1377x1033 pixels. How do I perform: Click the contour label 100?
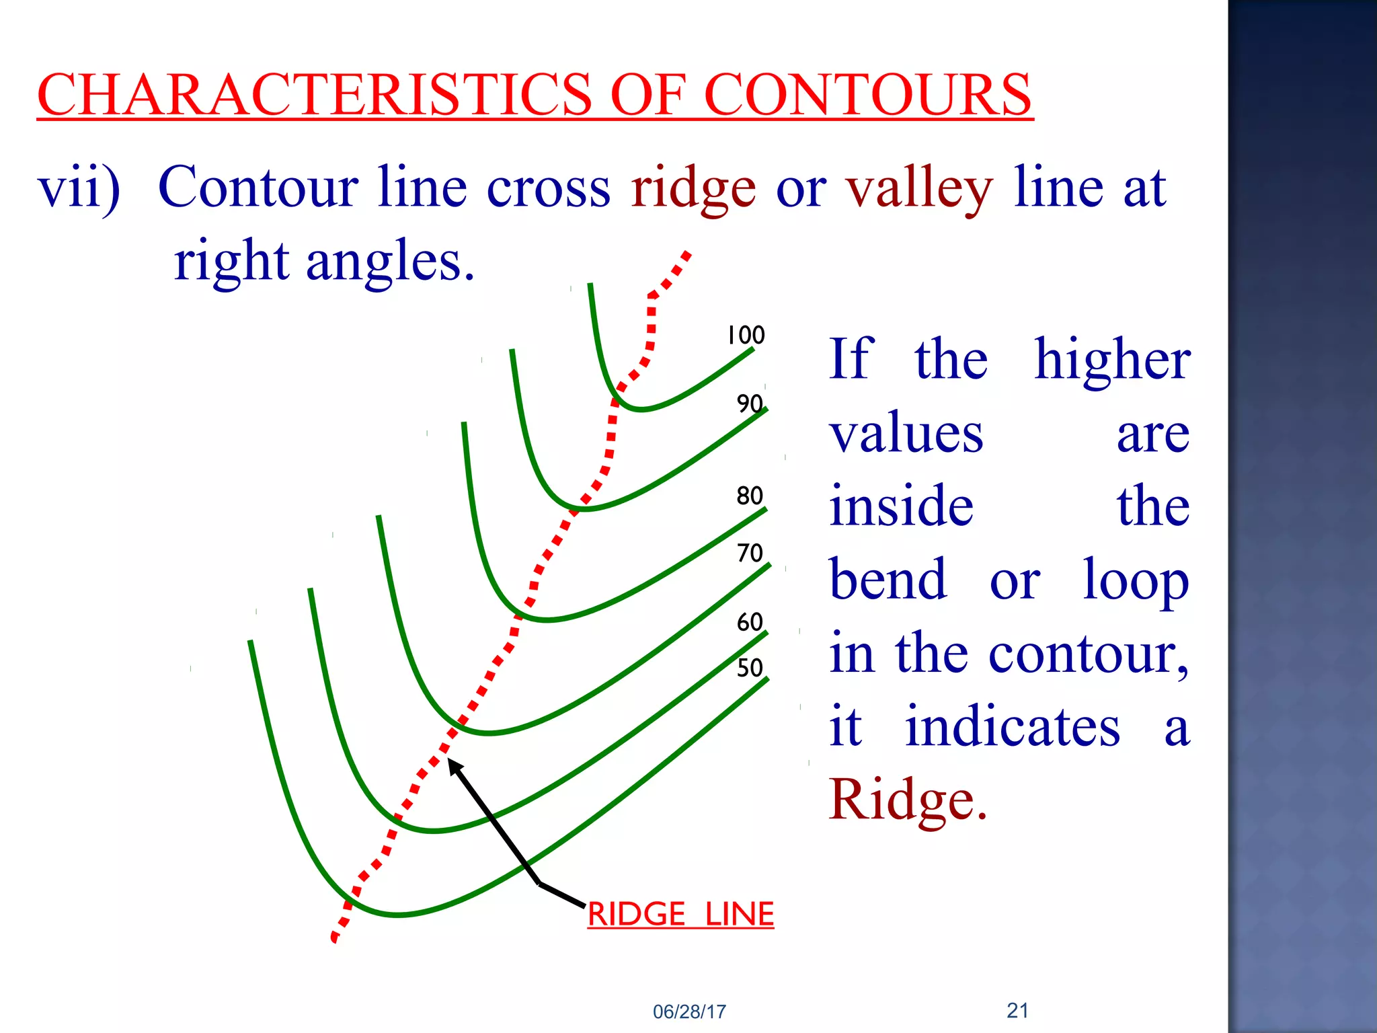click(746, 335)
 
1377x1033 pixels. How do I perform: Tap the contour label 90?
click(750, 404)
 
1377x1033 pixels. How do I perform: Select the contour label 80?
click(750, 496)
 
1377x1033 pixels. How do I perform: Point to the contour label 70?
click(750, 553)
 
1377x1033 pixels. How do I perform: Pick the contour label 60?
click(750, 622)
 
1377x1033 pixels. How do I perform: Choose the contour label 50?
click(750, 668)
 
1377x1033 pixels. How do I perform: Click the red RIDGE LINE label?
click(680, 915)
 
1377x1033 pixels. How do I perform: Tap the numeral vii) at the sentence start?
click(79, 188)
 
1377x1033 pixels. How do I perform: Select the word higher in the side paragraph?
click(1112, 360)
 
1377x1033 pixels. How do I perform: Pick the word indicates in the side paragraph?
click(1013, 726)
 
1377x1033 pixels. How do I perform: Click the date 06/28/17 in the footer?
click(689, 1011)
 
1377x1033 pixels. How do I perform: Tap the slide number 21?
click(1017, 1010)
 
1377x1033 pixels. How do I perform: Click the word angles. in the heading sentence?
click(391, 262)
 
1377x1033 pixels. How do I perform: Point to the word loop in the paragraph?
click(1136, 580)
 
